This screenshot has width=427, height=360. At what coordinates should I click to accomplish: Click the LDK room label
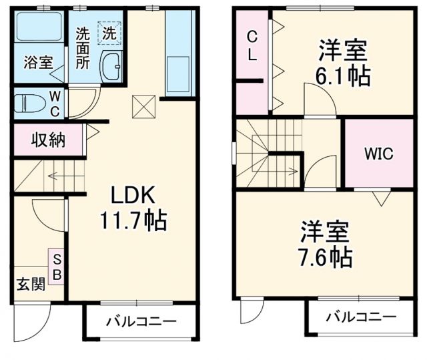133,195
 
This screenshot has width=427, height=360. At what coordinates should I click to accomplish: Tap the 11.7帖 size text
133,218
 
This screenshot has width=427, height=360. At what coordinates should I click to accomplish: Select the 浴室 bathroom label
38,63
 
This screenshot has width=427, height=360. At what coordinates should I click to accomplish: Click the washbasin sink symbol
111,67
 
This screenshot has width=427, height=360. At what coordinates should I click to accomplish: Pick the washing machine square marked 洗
108,31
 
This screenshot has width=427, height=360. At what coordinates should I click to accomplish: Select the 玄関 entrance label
31,285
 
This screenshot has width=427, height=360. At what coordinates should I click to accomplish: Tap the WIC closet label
378,153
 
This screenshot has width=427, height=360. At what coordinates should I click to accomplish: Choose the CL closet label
252,46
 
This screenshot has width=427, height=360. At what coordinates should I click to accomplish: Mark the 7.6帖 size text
325,256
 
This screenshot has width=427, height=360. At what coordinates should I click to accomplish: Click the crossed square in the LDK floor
142,104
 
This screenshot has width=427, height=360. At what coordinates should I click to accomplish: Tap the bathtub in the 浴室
38,31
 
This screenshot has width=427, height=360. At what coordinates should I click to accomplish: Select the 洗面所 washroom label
83,48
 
